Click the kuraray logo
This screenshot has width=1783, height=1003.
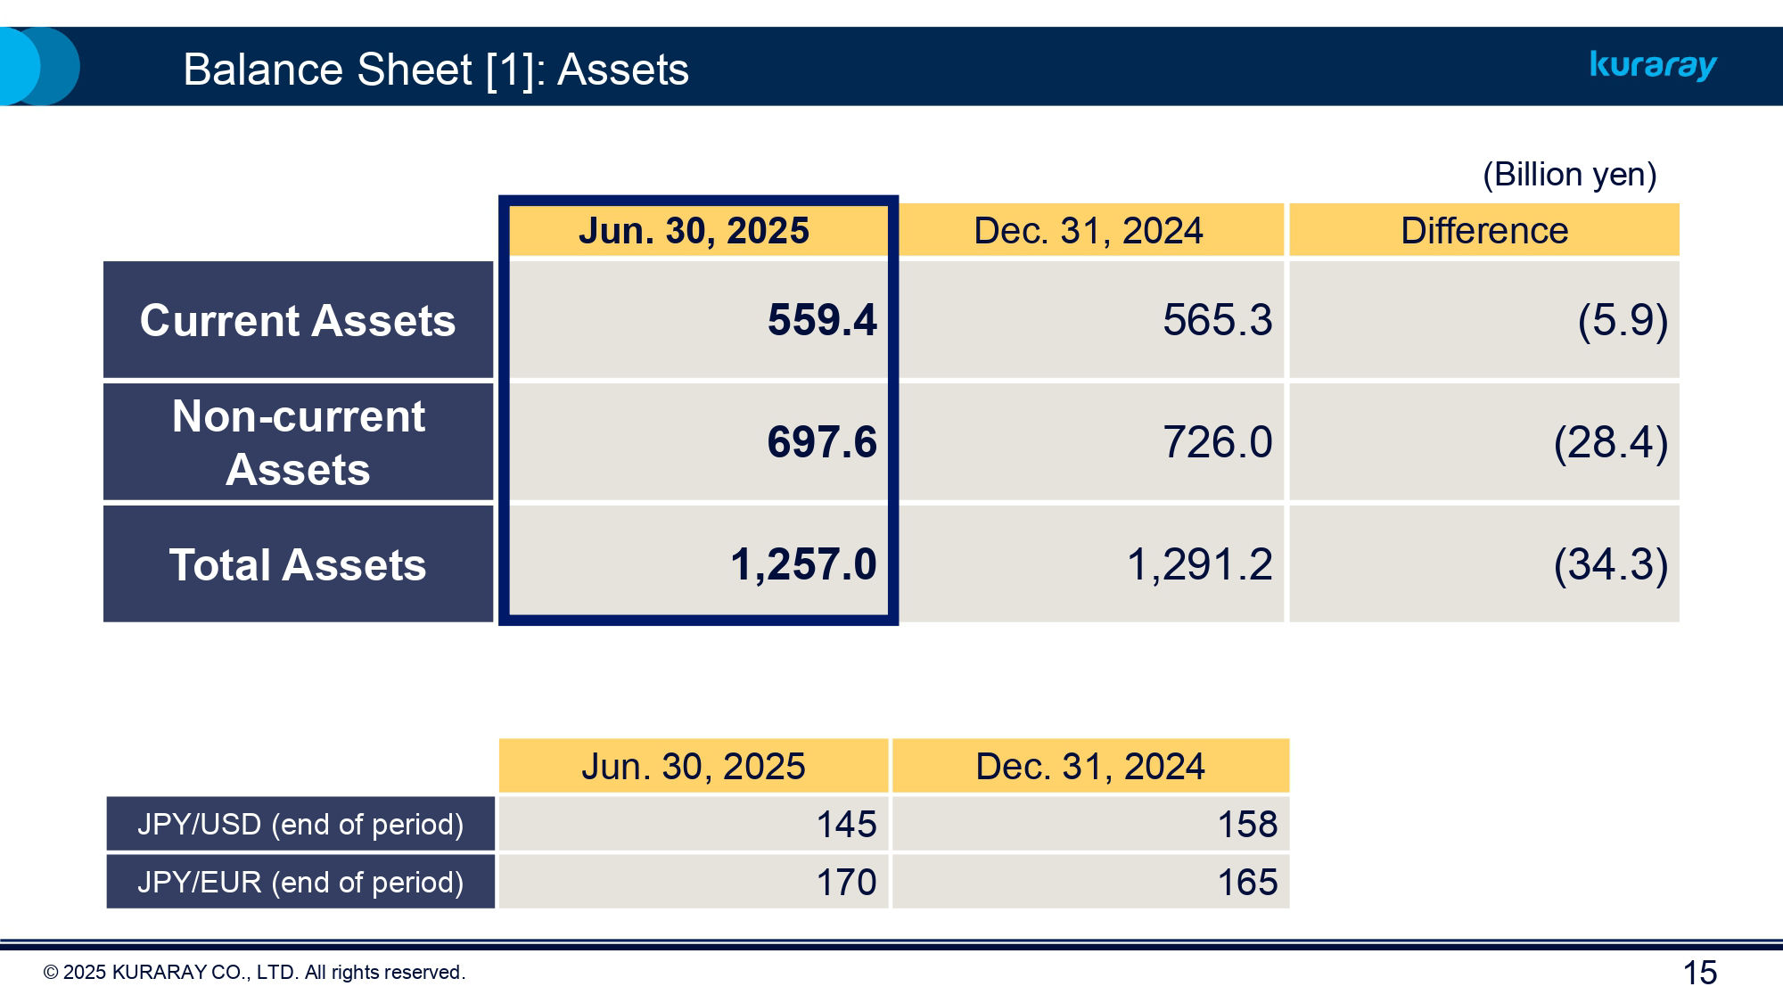pyautogui.click(x=1653, y=65)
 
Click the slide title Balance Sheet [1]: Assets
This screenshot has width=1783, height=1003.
pyautogui.click(x=435, y=70)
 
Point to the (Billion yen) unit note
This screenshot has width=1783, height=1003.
pyautogui.click(x=1569, y=174)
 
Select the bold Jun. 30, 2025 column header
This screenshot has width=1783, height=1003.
pyautogui.click(x=694, y=231)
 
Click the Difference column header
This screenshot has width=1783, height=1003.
pyautogui.click(x=1483, y=231)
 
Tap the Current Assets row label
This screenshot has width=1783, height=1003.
pyautogui.click(x=298, y=320)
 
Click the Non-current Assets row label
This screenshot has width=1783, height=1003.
pyautogui.click(x=298, y=442)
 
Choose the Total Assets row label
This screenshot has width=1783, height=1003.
pyautogui.click(x=298, y=564)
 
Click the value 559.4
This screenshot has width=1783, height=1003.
pyautogui.click(x=822, y=320)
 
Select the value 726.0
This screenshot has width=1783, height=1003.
pyautogui.click(x=1217, y=442)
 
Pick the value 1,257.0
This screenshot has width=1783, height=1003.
pyautogui.click(x=803, y=564)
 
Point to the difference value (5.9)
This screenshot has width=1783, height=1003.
pyautogui.click(x=1622, y=320)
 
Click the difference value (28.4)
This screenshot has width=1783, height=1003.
pyautogui.click(x=1610, y=442)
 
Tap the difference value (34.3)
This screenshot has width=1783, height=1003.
pyautogui.click(x=1610, y=564)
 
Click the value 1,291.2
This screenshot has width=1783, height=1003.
pyautogui.click(x=1199, y=564)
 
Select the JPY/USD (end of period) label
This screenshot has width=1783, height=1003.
pyautogui.click(x=300, y=824)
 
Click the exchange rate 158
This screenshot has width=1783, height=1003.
pyautogui.click(x=1247, y=824)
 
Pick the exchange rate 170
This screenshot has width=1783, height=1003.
pyautogui.click(x=846, y=882)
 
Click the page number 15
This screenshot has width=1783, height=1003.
pyautogui.click(x=1699, y=973)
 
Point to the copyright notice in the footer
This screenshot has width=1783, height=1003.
pyautogui.click(x=254, y=973)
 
